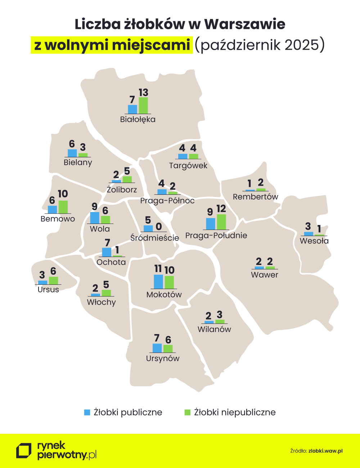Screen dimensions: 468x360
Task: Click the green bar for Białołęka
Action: coord(143,105)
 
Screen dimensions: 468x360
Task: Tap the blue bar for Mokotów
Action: coord(158,282)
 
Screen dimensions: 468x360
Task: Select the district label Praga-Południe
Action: coord(216,235)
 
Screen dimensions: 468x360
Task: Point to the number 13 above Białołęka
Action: coord(143,93)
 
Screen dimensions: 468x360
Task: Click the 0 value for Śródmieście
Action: coord(159,227)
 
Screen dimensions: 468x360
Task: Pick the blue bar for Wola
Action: coord(95,218)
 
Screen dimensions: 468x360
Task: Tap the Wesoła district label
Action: coord(314,241)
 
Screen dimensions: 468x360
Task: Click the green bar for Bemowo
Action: coord(63,207)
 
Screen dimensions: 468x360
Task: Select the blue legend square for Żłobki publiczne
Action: coord(87,412)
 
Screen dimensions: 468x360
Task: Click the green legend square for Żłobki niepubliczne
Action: coord(187,412)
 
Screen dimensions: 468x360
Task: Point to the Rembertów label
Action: coord(255,197)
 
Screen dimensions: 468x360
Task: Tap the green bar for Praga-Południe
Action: coord(221,222)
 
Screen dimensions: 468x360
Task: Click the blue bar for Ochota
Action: coord(107,252)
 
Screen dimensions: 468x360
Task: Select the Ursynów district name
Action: coord(163,358)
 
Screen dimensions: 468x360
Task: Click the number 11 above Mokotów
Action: coord(158,269)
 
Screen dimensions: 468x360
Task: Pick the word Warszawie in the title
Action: coord(245,24)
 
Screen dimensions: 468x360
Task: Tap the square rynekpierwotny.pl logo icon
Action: coord(24,451)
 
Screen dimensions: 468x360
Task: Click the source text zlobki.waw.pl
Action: coord(325,451)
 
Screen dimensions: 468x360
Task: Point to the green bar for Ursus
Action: coord(53,280)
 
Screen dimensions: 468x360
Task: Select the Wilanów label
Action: coord(214,329)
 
